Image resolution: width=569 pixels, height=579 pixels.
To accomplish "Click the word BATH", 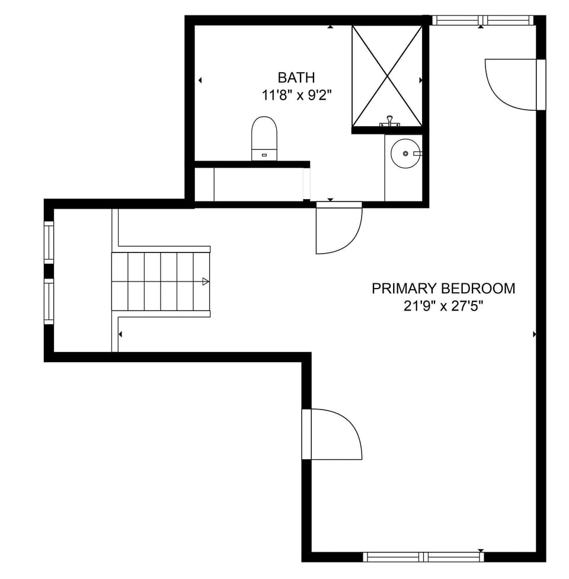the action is [x=296, y=78].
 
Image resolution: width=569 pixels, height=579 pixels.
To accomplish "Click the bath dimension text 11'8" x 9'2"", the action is [x=296, y=96].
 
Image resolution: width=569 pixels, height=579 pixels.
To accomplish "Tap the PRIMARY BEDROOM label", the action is [x=443, y=289].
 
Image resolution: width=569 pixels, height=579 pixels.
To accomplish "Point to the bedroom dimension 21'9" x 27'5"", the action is [x=443, y=306].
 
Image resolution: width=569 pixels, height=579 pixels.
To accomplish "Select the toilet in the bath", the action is [x=264, y=139].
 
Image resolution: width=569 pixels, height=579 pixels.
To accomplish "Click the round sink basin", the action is [x=405, y=153].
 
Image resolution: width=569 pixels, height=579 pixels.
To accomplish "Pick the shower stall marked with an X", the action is [x=387, y=76].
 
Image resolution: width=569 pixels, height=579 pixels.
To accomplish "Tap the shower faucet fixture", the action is [x=389, y=121].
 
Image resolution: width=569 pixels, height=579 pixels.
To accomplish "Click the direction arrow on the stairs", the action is [x=205, y=281].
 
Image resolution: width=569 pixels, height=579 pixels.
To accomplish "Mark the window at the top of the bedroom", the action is [x=482, y=20].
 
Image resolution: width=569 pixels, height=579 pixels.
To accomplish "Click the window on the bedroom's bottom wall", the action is [x=423, y=557].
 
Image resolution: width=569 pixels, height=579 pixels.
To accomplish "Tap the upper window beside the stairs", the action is [x=49, y=242].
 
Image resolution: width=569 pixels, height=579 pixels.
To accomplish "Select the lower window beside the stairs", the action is [x=49, y=301].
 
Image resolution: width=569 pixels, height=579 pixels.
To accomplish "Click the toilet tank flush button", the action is [x=264, y=155].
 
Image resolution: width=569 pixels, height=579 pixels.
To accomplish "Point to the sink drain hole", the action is [x=405, y=153].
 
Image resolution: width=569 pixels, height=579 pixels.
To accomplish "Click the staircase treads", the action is [x=161, y=281].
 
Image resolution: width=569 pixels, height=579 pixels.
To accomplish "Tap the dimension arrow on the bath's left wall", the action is [x=200, y=80].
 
